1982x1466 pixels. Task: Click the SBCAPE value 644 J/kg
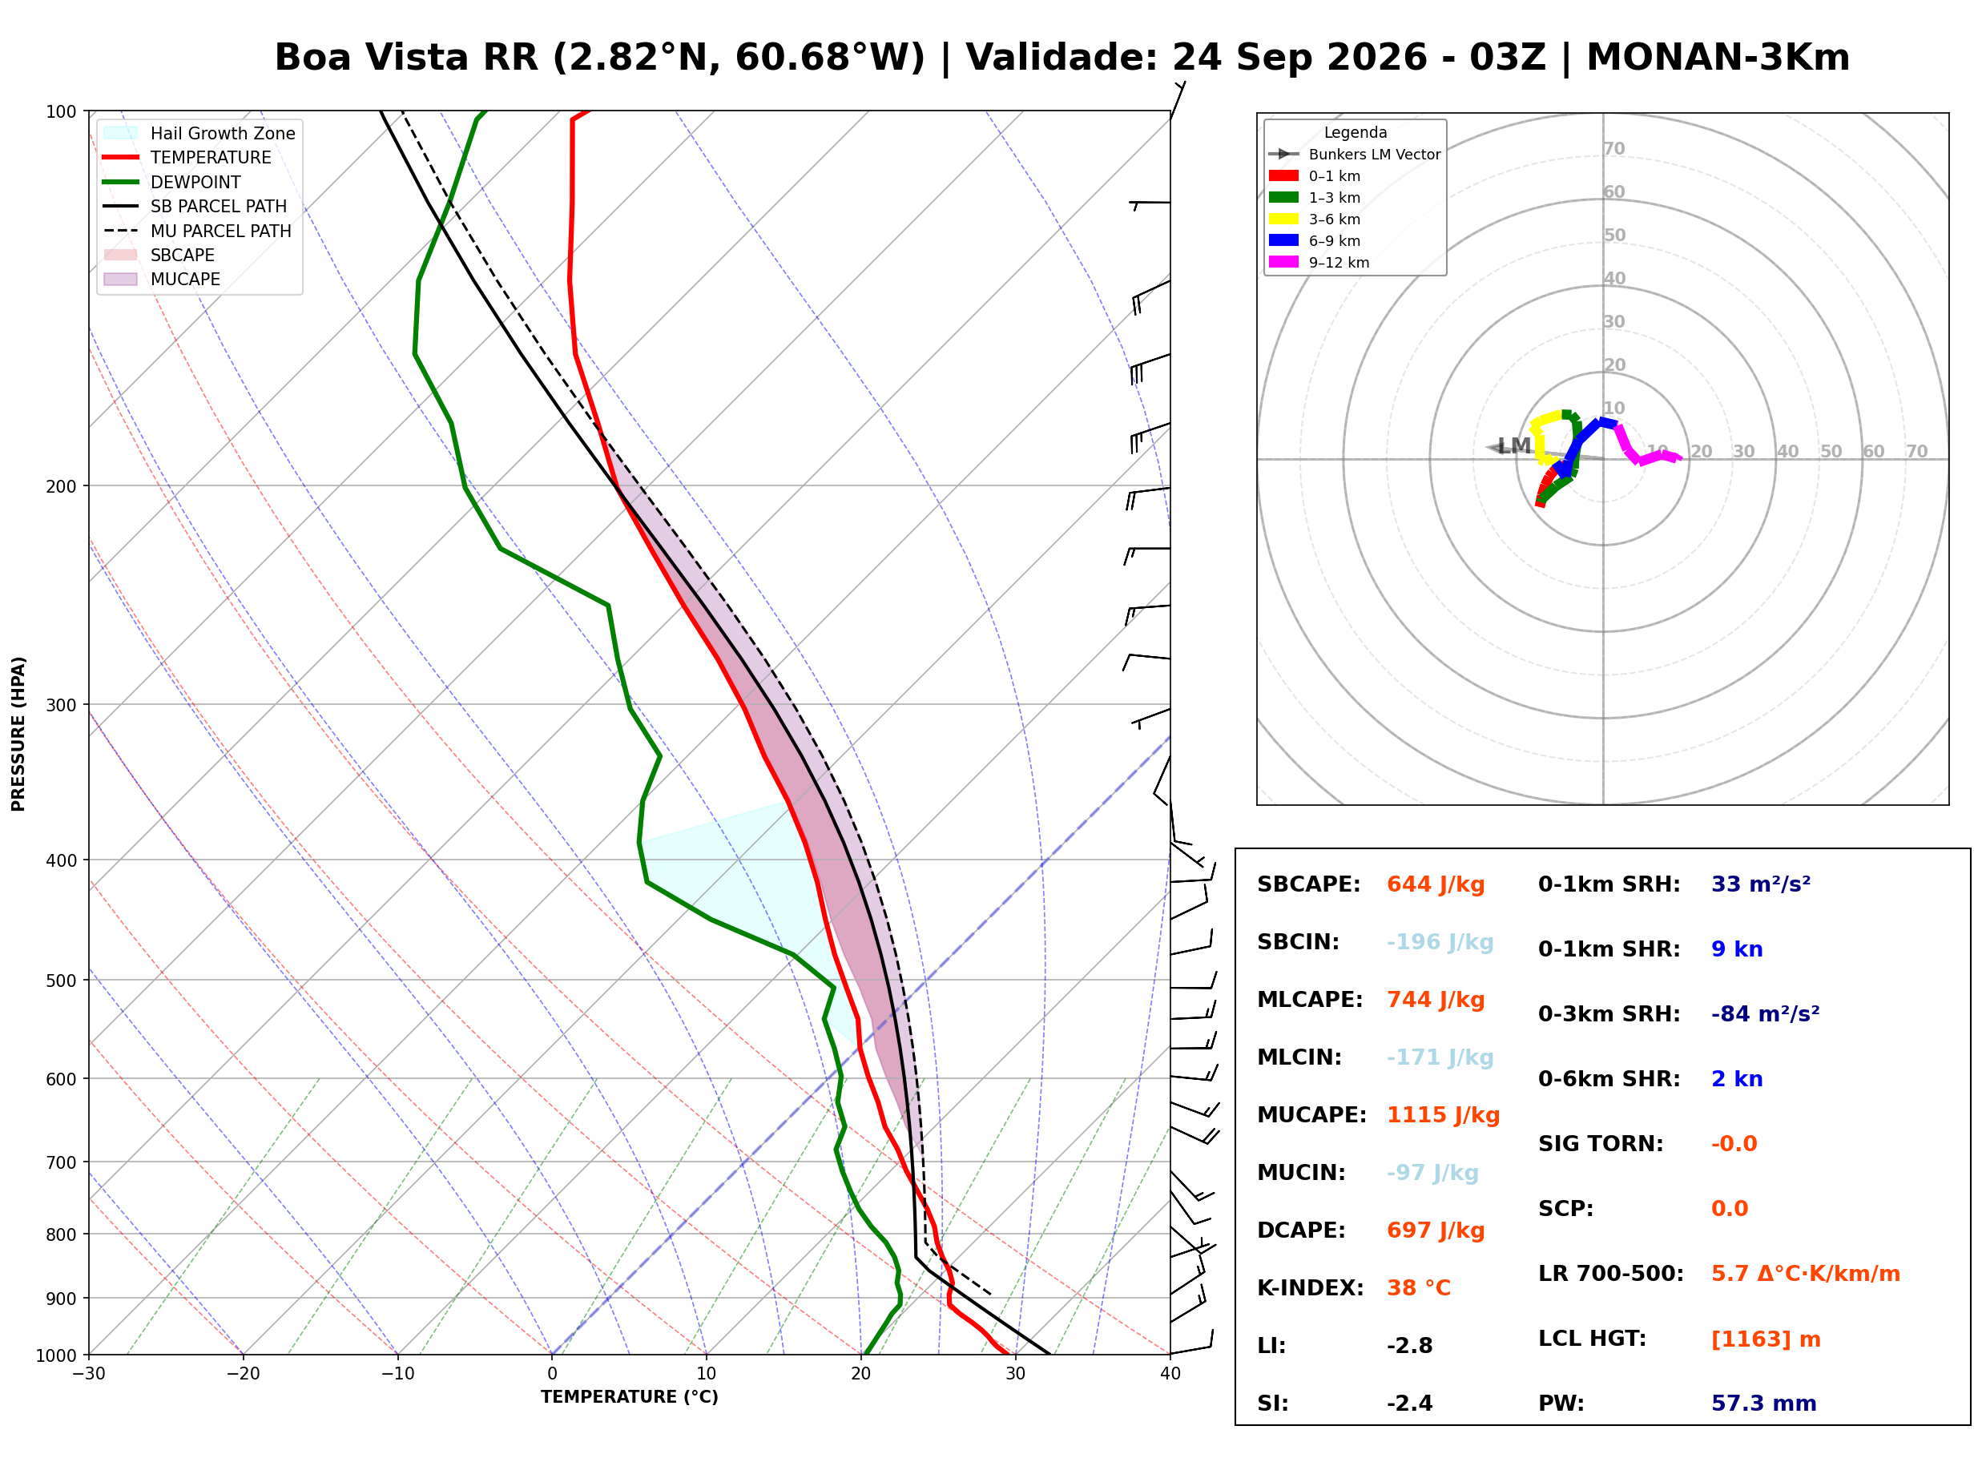click(1436, 884)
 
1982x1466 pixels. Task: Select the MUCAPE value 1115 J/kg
click(1444, 1115)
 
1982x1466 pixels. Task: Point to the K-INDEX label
click(1311, 1288)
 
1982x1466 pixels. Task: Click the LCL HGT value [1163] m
click(1766, 1339)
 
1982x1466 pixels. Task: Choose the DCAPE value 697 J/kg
click(1436, 1230)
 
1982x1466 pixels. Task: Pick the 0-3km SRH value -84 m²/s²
click(1766, 1013)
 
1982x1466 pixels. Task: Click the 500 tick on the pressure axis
click(60, 981)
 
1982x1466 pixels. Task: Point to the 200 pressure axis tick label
click(60, 486)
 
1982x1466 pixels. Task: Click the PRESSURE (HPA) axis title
click(18, 734)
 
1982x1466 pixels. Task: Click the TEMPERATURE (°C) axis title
click(630, 1398)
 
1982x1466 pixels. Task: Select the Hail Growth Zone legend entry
click(199, 133)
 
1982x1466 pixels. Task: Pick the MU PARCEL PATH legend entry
click(197, 231)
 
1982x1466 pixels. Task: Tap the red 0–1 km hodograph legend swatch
click(1283, 175)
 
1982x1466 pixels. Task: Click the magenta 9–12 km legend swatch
click(1283, 262)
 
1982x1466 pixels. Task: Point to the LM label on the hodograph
click(1513, 445)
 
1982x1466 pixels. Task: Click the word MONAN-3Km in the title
click(1718, 58)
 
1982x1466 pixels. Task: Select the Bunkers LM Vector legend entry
click(1354, 155)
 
